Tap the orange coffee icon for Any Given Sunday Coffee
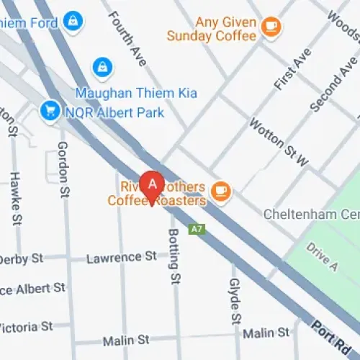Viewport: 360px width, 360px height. (271, 27)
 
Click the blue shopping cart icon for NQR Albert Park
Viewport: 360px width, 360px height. (50, 110)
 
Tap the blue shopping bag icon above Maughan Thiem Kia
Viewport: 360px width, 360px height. (103, 68)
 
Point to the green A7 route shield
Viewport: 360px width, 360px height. (194, 229)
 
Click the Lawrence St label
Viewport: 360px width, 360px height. (121, 256)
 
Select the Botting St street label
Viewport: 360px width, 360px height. (173, 256)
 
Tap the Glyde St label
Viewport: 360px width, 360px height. (234, 301)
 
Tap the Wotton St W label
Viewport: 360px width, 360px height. (278, 142)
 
